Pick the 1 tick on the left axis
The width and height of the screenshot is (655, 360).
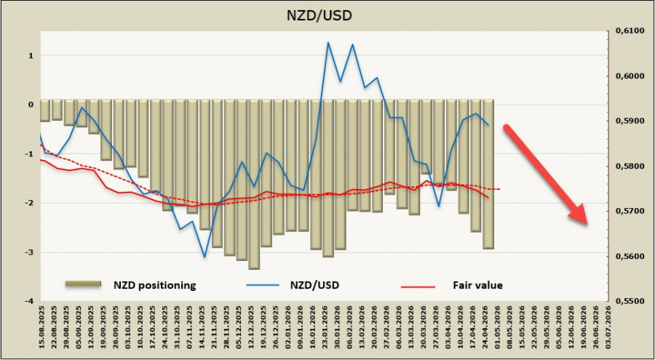[x=31, y=55]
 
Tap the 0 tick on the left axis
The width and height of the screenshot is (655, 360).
[x=31, y=105]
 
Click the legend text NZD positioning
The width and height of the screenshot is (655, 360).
[x=154, y=285]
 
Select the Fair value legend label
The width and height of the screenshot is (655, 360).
[x=477, y=285]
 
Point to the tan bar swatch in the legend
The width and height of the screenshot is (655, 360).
[x=82, y=285]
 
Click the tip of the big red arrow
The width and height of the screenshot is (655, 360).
[x=587, y=223]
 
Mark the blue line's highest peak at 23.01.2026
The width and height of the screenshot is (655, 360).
[x=328, y=42]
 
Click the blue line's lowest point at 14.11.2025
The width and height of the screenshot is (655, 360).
[x=205, y=257]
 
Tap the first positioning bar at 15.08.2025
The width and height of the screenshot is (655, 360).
[x=45, y=111]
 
